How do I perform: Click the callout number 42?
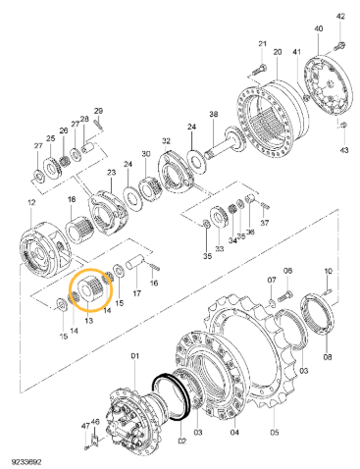point(340,18)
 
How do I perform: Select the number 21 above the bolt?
point(262,45)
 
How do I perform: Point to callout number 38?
point(213,115)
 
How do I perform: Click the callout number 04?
point(233,430)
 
